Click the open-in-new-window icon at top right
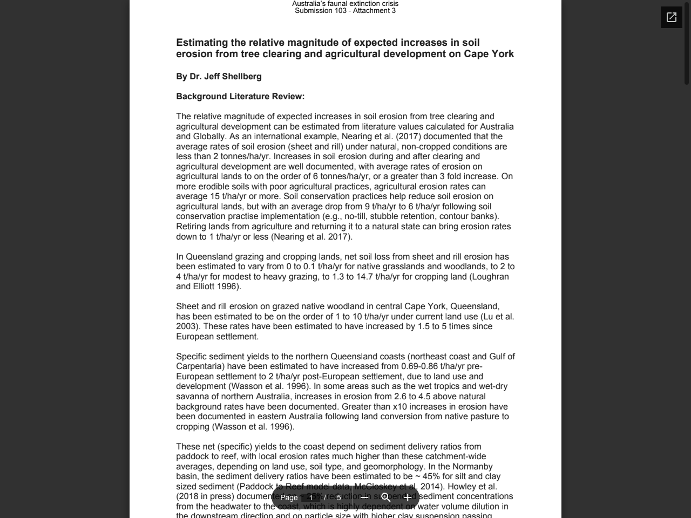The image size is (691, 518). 671,17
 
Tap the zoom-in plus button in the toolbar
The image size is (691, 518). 407,497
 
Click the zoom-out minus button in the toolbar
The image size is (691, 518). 364,497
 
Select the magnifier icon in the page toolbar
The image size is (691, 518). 385,497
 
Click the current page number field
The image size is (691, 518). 311,497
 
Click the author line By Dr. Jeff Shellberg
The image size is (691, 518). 219,77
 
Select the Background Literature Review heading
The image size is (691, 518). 240,97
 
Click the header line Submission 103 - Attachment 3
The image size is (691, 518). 345,11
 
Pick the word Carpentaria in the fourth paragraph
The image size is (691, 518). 199,366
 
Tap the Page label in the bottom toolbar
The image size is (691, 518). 289,497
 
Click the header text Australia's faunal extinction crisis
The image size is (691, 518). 345,4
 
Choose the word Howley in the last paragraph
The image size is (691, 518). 461,487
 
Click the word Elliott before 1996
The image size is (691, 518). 208,287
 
